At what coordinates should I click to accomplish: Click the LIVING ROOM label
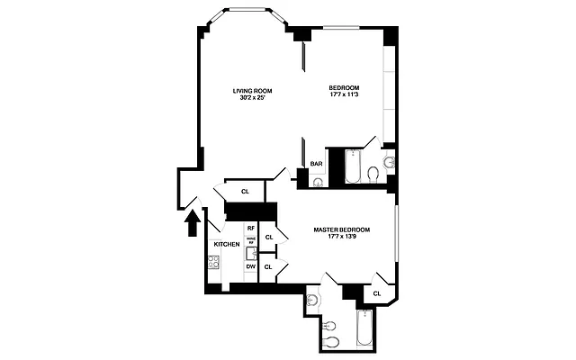tap(252, 91)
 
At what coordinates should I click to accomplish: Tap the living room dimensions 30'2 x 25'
tap(252, 98)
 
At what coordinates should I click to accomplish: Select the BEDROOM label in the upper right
tap(344, 88)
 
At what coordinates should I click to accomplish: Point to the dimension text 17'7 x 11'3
tap(344, 95)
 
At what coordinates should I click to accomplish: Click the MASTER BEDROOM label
tap(341, 229)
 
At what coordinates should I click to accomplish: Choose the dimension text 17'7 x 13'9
tap(341, 237)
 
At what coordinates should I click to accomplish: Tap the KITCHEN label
tap(226, 245)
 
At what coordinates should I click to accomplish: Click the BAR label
tap(316, 164)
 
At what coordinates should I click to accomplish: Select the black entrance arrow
tap(191, 221)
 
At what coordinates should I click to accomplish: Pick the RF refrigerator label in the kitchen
tap(251, 229)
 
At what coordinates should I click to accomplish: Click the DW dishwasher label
tap(251, 266)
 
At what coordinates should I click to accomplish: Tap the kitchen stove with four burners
tap(214, 263)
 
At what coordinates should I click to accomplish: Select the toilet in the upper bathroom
tap(389, 163)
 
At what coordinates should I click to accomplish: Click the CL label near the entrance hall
tap(245, 191)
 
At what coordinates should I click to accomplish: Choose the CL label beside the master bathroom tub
tap(377, 292)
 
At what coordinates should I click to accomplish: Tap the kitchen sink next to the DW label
tap(251, 251)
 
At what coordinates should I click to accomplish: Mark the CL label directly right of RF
tap(269, 237)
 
